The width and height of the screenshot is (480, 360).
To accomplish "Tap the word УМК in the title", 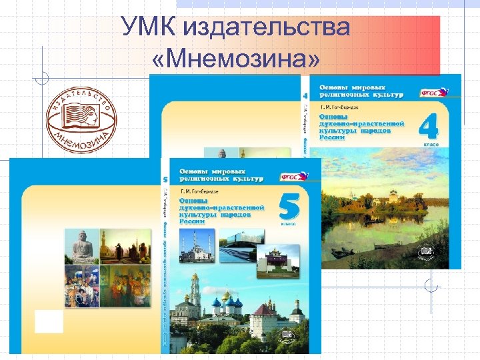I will [x=151, y=28].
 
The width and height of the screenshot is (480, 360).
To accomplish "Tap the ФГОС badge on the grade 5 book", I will [x=293, y=177].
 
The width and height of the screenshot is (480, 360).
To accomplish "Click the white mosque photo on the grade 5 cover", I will [x=197, y=247].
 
